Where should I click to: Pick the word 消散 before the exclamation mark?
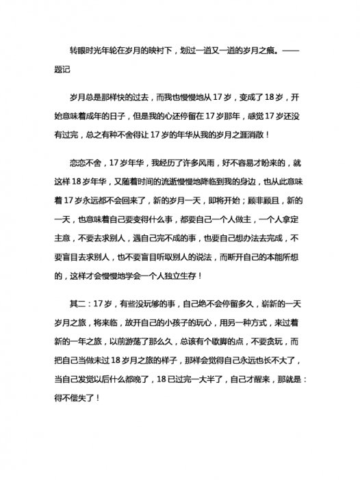(x=253, y=135)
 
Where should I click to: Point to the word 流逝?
(x=171, y=183)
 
